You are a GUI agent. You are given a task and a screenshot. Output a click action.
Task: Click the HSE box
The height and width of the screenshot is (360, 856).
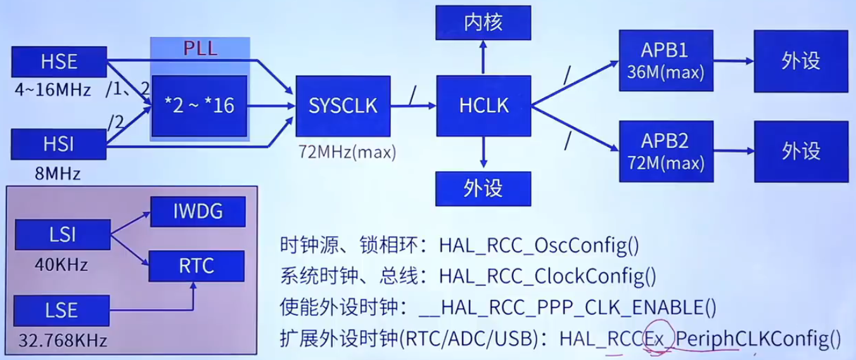(x=60, y=62)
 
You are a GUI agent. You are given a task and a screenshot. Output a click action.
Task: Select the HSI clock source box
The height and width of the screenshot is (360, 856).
(x=60, y=145)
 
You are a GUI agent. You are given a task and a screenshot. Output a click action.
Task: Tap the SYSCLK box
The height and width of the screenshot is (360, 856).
(x=342, y=106)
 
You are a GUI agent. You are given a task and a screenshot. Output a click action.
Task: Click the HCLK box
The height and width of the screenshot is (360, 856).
(x=483, y=106)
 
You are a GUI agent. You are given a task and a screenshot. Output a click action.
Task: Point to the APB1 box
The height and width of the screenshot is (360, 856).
(x=666, y=61)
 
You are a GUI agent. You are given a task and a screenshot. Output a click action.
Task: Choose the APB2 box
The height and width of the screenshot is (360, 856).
(x=666, y=151)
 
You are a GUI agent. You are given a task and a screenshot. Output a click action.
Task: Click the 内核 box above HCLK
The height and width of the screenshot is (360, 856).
(x=483, y=23)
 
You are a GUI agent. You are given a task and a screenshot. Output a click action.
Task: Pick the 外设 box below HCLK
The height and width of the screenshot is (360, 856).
(x=483, y=188)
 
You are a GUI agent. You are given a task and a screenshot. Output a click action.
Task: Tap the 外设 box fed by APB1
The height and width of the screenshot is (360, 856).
(x=801, y=61)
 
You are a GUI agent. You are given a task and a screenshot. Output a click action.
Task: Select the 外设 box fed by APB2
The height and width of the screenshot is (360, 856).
(x=801, y=151)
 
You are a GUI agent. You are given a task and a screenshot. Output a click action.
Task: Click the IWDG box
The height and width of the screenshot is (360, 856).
(x=198, y=212)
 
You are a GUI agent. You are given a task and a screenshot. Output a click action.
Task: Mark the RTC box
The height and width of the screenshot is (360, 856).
(x=196, y=266)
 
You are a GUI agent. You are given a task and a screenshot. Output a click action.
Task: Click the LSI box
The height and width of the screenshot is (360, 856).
(x=61, y=235)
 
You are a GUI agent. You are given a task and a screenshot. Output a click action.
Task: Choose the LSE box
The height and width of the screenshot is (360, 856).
(x=61, y=311)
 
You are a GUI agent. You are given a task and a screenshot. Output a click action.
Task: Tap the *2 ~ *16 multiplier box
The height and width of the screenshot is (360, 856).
(x=199, y=105)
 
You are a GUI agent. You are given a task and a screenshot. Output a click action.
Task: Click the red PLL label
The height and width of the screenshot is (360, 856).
(x=200, y=49)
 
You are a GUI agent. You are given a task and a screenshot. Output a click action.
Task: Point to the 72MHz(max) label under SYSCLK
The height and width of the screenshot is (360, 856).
(x=347, y=152)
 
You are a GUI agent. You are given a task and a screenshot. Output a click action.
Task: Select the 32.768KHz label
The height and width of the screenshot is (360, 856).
(x=62, y=340)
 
